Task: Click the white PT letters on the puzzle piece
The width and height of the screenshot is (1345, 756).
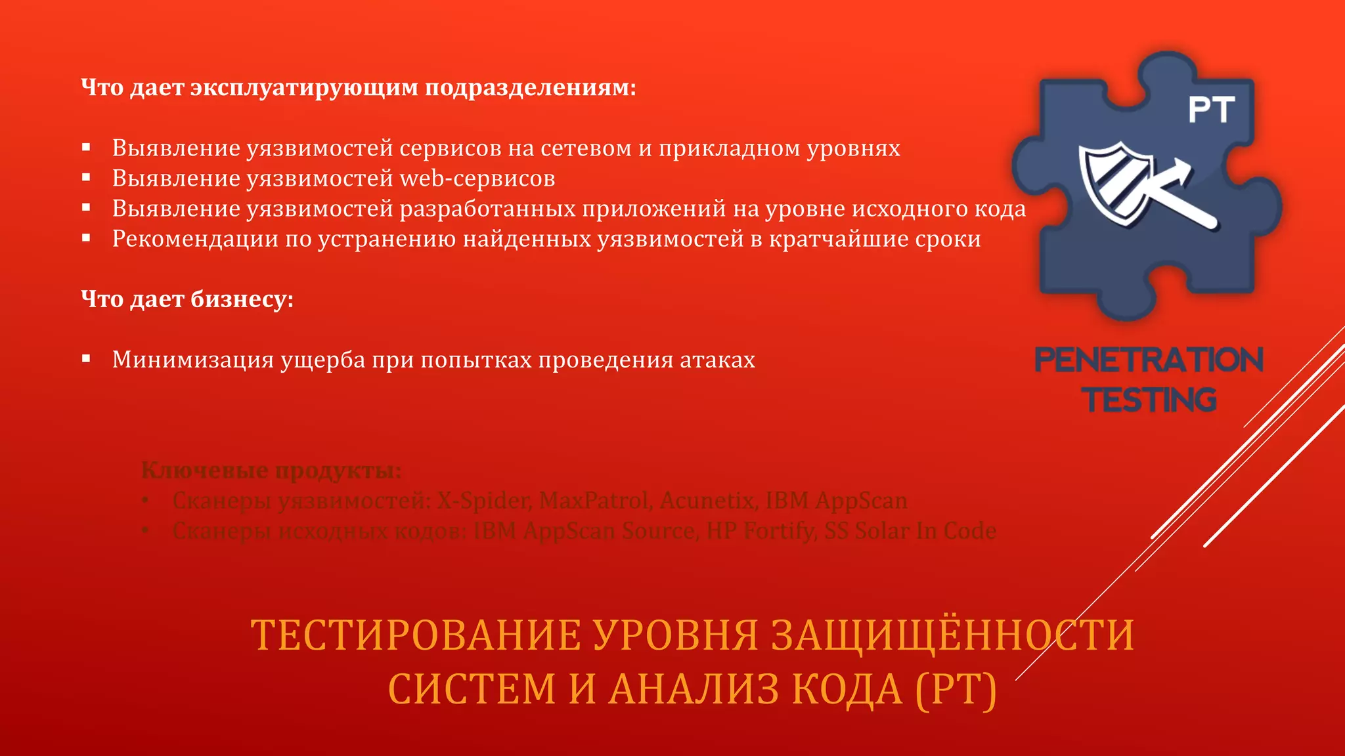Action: pos(1212,110)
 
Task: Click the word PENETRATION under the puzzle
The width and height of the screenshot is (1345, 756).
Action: pos(1149,360)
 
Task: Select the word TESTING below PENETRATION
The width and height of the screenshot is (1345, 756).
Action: pos(1149,400)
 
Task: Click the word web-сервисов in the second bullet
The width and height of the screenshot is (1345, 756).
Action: pos(477,178)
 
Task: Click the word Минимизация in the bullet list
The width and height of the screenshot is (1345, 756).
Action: pos(192,360)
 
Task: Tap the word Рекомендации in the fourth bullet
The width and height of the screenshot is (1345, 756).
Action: pos(194,239)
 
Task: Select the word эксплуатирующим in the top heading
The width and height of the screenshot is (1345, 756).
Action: pos(303,87)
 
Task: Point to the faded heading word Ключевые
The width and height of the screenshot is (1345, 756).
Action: pos(204,471)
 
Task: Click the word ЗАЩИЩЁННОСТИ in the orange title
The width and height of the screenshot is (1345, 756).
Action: pos(952,635)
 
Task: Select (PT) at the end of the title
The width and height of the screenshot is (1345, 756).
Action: pos(956,689)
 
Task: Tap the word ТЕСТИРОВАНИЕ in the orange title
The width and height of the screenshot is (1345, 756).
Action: pos(415,635)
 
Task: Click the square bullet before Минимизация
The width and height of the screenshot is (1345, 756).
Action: pos(86,358)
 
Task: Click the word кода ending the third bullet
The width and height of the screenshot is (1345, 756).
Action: pos(1000,209)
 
